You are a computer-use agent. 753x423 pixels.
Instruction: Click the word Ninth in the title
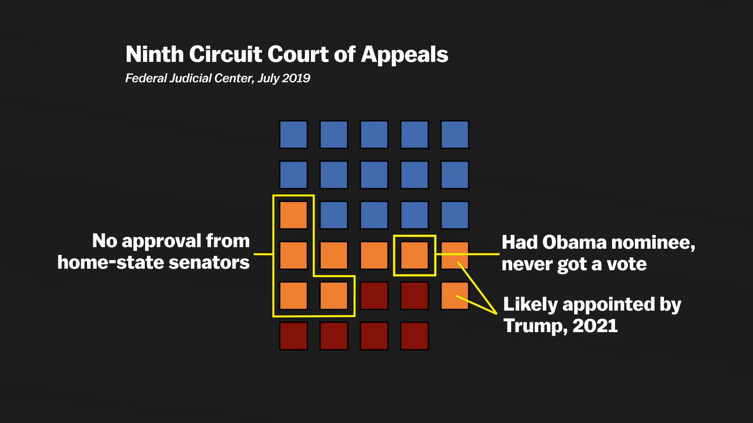(155, 54)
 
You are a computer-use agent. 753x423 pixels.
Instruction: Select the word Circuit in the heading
(226, 54)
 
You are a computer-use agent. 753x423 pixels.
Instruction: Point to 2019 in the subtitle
(296, 78)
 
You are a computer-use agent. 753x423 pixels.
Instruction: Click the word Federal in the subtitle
(146, 78)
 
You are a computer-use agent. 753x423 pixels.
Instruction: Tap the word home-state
(110, 262)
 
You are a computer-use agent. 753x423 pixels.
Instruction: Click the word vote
(627, 264)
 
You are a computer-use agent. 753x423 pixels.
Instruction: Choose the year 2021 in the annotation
(595, 326)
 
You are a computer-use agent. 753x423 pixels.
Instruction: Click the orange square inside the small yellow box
(415, 255)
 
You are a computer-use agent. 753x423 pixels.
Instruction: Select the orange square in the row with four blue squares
(293, 215)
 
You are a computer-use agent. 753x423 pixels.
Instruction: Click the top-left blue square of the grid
(293, 134)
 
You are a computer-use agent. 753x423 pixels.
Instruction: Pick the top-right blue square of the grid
(455, 134)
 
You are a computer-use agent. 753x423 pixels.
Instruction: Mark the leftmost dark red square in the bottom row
(293, 336)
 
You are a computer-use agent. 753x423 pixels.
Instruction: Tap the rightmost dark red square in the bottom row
(415, 336)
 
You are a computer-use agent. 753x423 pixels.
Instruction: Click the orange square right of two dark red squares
(455, 296)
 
